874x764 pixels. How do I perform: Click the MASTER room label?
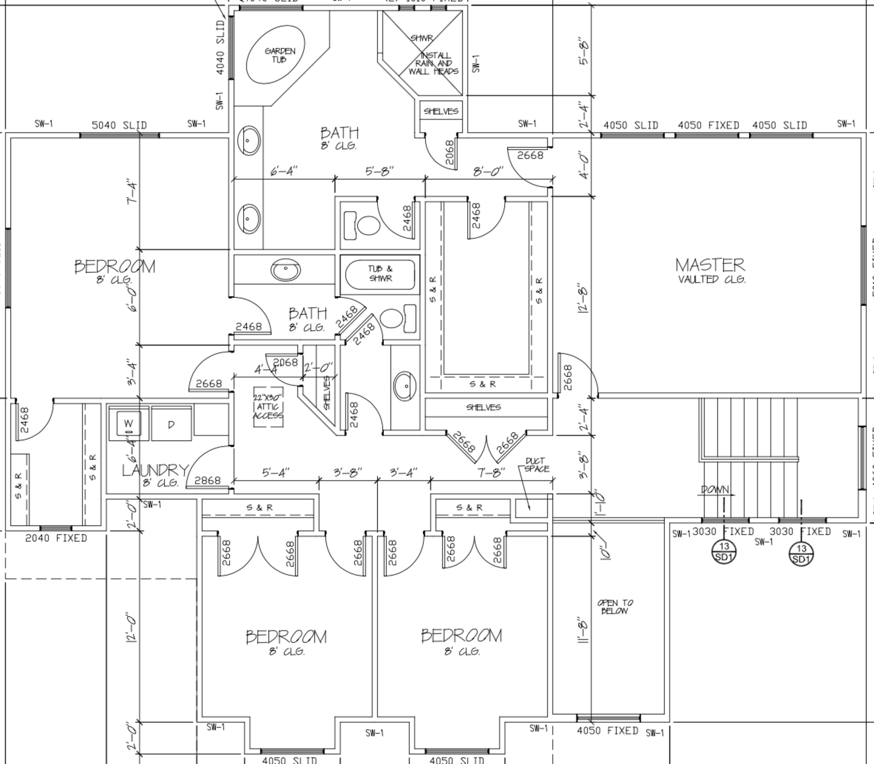tap(710, 265)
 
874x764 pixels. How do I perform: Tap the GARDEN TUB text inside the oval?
tap(280, 55)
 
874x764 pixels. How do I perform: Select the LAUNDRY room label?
tap(155, 470)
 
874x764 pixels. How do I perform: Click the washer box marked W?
tap(129, 424)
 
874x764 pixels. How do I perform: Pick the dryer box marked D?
tap(171, 424)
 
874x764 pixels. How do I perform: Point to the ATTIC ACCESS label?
tap(268, 407)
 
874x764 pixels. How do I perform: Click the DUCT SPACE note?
tap(536, 464)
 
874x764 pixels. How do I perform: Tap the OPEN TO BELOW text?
tap(615, 607)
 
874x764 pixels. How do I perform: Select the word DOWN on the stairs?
tap(715, 490)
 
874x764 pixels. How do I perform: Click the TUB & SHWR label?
tap(380, 273)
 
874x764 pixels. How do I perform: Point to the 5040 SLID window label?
tap(119, 125)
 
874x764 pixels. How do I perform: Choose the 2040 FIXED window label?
tap(56, 538)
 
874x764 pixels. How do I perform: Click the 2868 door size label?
tap(208, 480)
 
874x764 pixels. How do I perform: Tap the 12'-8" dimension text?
tap(583, 297)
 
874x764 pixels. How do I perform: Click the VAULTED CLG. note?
tap(712, 279)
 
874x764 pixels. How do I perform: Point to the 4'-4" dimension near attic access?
tap(266, 369)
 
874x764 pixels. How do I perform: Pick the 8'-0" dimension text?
tap(488, 171)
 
